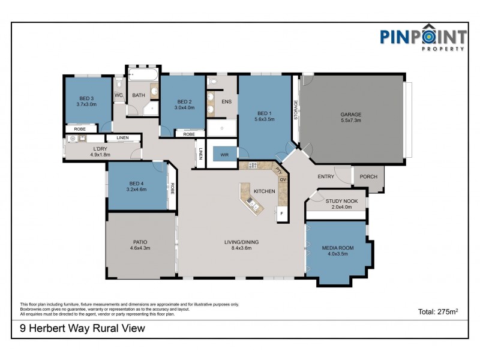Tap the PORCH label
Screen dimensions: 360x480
[368, 176]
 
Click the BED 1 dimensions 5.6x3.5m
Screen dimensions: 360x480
[265, 119]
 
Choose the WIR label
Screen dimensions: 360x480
[224, 154]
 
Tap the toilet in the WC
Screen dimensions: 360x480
[118, 83]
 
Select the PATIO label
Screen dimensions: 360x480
[140, 242]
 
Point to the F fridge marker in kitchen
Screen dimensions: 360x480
[282, 213]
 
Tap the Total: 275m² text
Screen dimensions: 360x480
[438, 311]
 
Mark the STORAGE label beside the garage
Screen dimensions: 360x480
[296, 111]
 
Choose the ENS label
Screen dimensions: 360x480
[226, 101]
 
